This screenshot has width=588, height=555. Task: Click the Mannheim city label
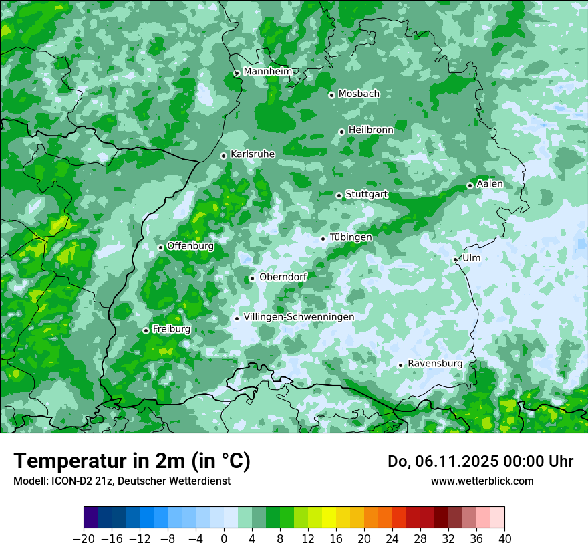point(268,72)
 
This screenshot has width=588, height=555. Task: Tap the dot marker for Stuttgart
point(339,195)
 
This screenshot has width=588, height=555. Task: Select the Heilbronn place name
point(371,130)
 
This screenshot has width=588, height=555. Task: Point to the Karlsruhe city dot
point(223,156)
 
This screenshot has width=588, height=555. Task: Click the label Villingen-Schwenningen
point(299,316)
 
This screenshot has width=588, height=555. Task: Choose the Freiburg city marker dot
point(146,330)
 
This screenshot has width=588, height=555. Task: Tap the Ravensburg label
point(434,363)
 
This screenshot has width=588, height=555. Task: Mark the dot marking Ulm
point(455,259)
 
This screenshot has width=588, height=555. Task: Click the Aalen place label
point(490,183)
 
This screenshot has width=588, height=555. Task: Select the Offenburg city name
point(190,245)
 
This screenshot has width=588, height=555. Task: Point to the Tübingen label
point(351,237)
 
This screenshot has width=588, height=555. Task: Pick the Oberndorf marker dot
point(252,278)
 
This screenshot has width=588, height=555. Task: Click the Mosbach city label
point(359,94)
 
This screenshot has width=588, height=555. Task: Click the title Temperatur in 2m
point(132,461)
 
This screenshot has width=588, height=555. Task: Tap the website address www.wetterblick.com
point(482,481)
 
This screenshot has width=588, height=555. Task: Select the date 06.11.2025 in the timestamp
point(451,461)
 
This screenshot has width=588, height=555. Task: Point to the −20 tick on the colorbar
point(84,538)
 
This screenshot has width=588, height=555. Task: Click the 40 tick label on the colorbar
point(504,538)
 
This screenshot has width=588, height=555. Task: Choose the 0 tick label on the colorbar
point(224,538)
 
